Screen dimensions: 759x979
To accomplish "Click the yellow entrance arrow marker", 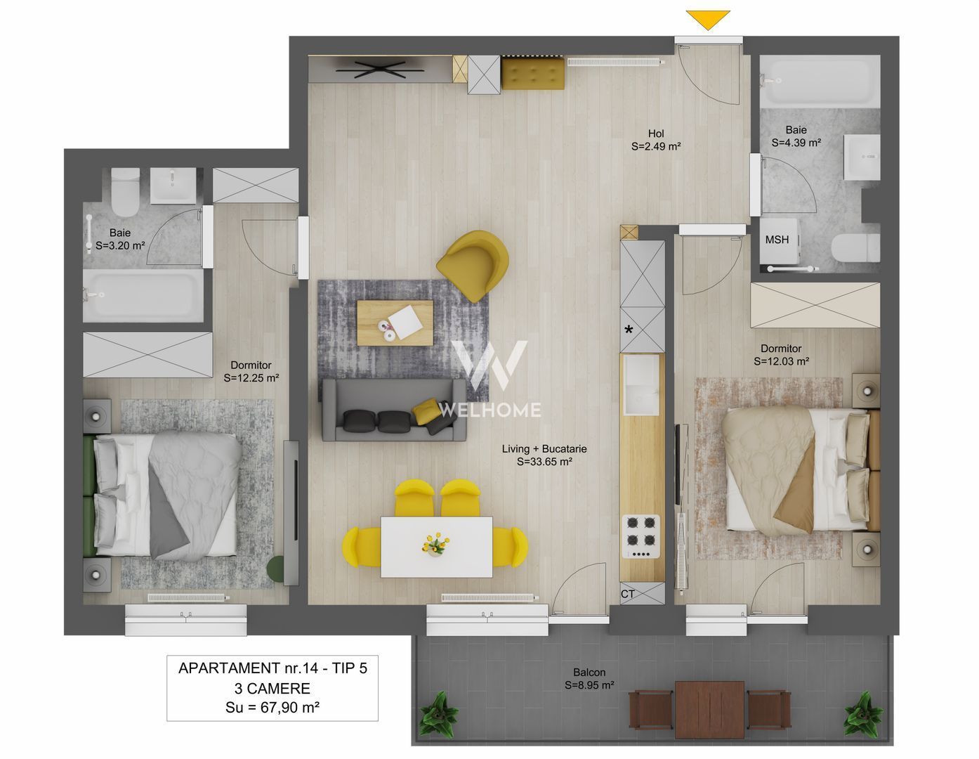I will coord(708,19).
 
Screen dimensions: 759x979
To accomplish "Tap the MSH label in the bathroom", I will coord(777,240).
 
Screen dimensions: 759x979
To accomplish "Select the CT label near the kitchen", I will coord(628,594).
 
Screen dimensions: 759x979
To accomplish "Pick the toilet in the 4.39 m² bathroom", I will coord(855,248).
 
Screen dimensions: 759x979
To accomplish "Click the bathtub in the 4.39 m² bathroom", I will coord(819,82).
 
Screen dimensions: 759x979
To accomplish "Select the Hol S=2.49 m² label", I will coord(656,141).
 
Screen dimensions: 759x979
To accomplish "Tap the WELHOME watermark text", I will coord(490,410).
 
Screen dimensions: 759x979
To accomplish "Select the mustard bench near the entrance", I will coord(533,74).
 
